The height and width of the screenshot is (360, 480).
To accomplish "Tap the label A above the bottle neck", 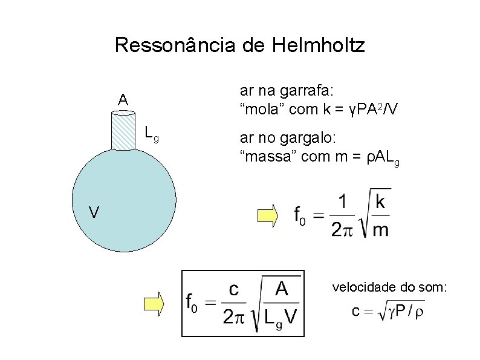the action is (123, 100).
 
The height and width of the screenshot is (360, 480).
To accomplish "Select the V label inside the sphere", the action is (93, 212).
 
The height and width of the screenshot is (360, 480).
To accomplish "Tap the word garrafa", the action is (318, 91).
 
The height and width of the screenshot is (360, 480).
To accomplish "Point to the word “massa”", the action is (265, 159).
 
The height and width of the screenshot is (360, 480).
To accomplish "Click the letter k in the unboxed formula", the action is (380, 202).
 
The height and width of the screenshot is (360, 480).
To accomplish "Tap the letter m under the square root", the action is (380, 230).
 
